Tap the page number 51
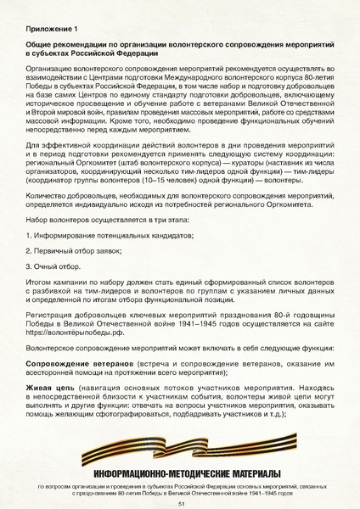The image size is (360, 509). [x=181, y=502]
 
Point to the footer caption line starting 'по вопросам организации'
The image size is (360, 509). [x=180, y=487]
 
